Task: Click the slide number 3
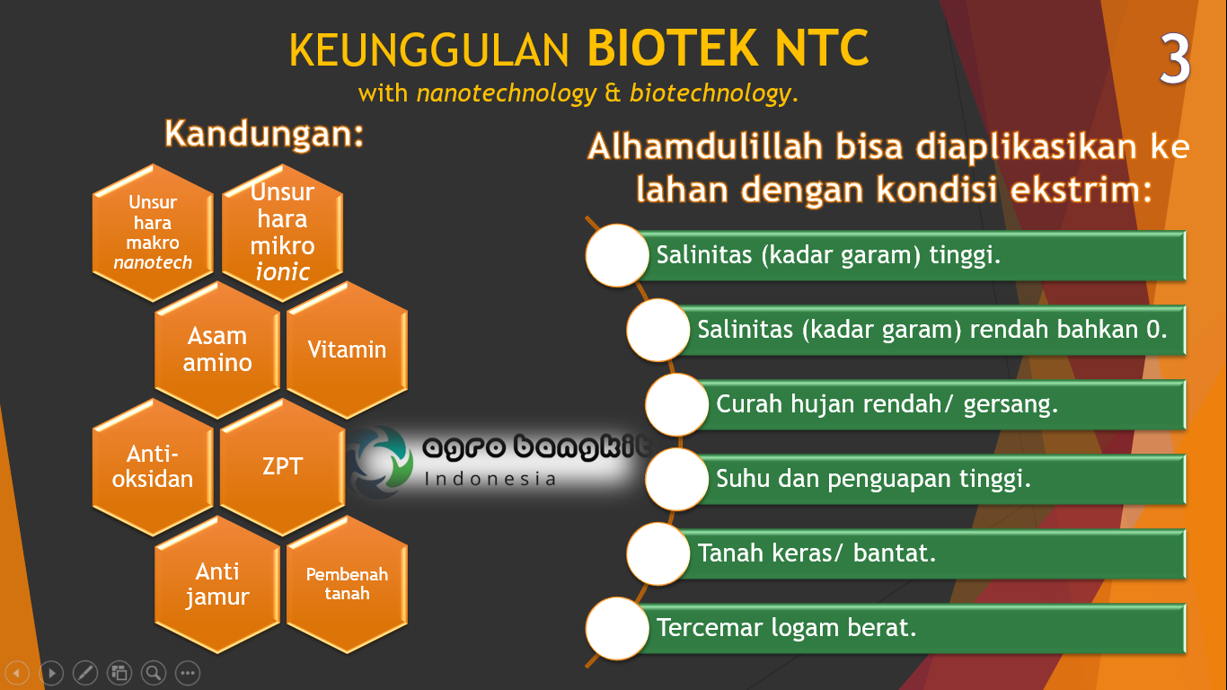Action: point(1175,60)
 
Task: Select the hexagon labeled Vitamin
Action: point(347,349)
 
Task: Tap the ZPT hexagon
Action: point(282,466)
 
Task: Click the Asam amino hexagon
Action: point(217,349)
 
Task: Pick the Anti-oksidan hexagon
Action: point(153,466)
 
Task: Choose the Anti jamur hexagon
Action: point(217,584)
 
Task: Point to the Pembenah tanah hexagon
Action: point(347,584)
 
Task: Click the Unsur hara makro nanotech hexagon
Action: point(153,232)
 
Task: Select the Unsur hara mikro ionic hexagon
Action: point(282,232)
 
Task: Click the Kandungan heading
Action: point(264,134)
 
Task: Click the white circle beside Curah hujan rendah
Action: point(676,405)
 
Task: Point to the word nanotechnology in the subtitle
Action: point(506,93)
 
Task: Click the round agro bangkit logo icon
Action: point(381,462)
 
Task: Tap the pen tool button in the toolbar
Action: point(85,672)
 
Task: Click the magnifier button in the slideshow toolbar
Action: point(154,672)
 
